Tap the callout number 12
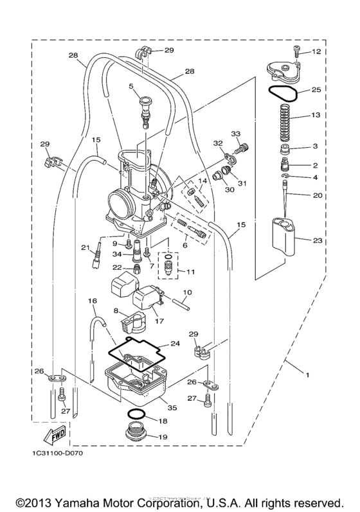[316, 51]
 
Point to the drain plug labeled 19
[136, 432]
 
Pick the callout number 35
[172, 407]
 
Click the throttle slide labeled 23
[283, 237]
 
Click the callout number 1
[307, 375]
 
